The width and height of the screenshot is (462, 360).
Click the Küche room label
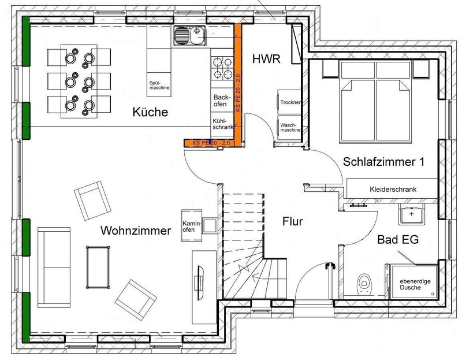(x=149, y=112)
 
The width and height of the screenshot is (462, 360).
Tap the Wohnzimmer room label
(x=136, y=231)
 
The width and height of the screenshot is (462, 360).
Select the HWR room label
(x=267, y=58)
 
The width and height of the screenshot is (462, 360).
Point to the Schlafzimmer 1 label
(x=383, y=162)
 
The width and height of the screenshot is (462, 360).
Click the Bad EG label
(x=399, y=239)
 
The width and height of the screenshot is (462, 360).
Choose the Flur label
(x=293, y=221)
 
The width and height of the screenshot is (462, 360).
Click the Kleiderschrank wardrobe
(x=393, y=189)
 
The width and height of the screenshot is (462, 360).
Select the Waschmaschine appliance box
(x=289, y=127)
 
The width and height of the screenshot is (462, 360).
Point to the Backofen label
(x=223, y=101)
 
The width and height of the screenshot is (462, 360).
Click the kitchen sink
(x=189, y=36)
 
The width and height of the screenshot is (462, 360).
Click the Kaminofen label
(x=192, y=226)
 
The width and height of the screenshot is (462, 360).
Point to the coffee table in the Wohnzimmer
(x=100, y=266)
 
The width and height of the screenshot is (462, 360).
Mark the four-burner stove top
(x=221, y=68)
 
